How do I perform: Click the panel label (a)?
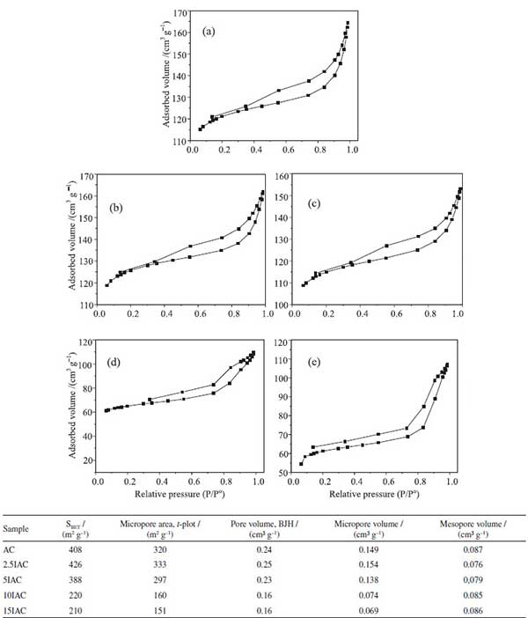click(208, 32)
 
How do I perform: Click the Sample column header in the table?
click(17, 529)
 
